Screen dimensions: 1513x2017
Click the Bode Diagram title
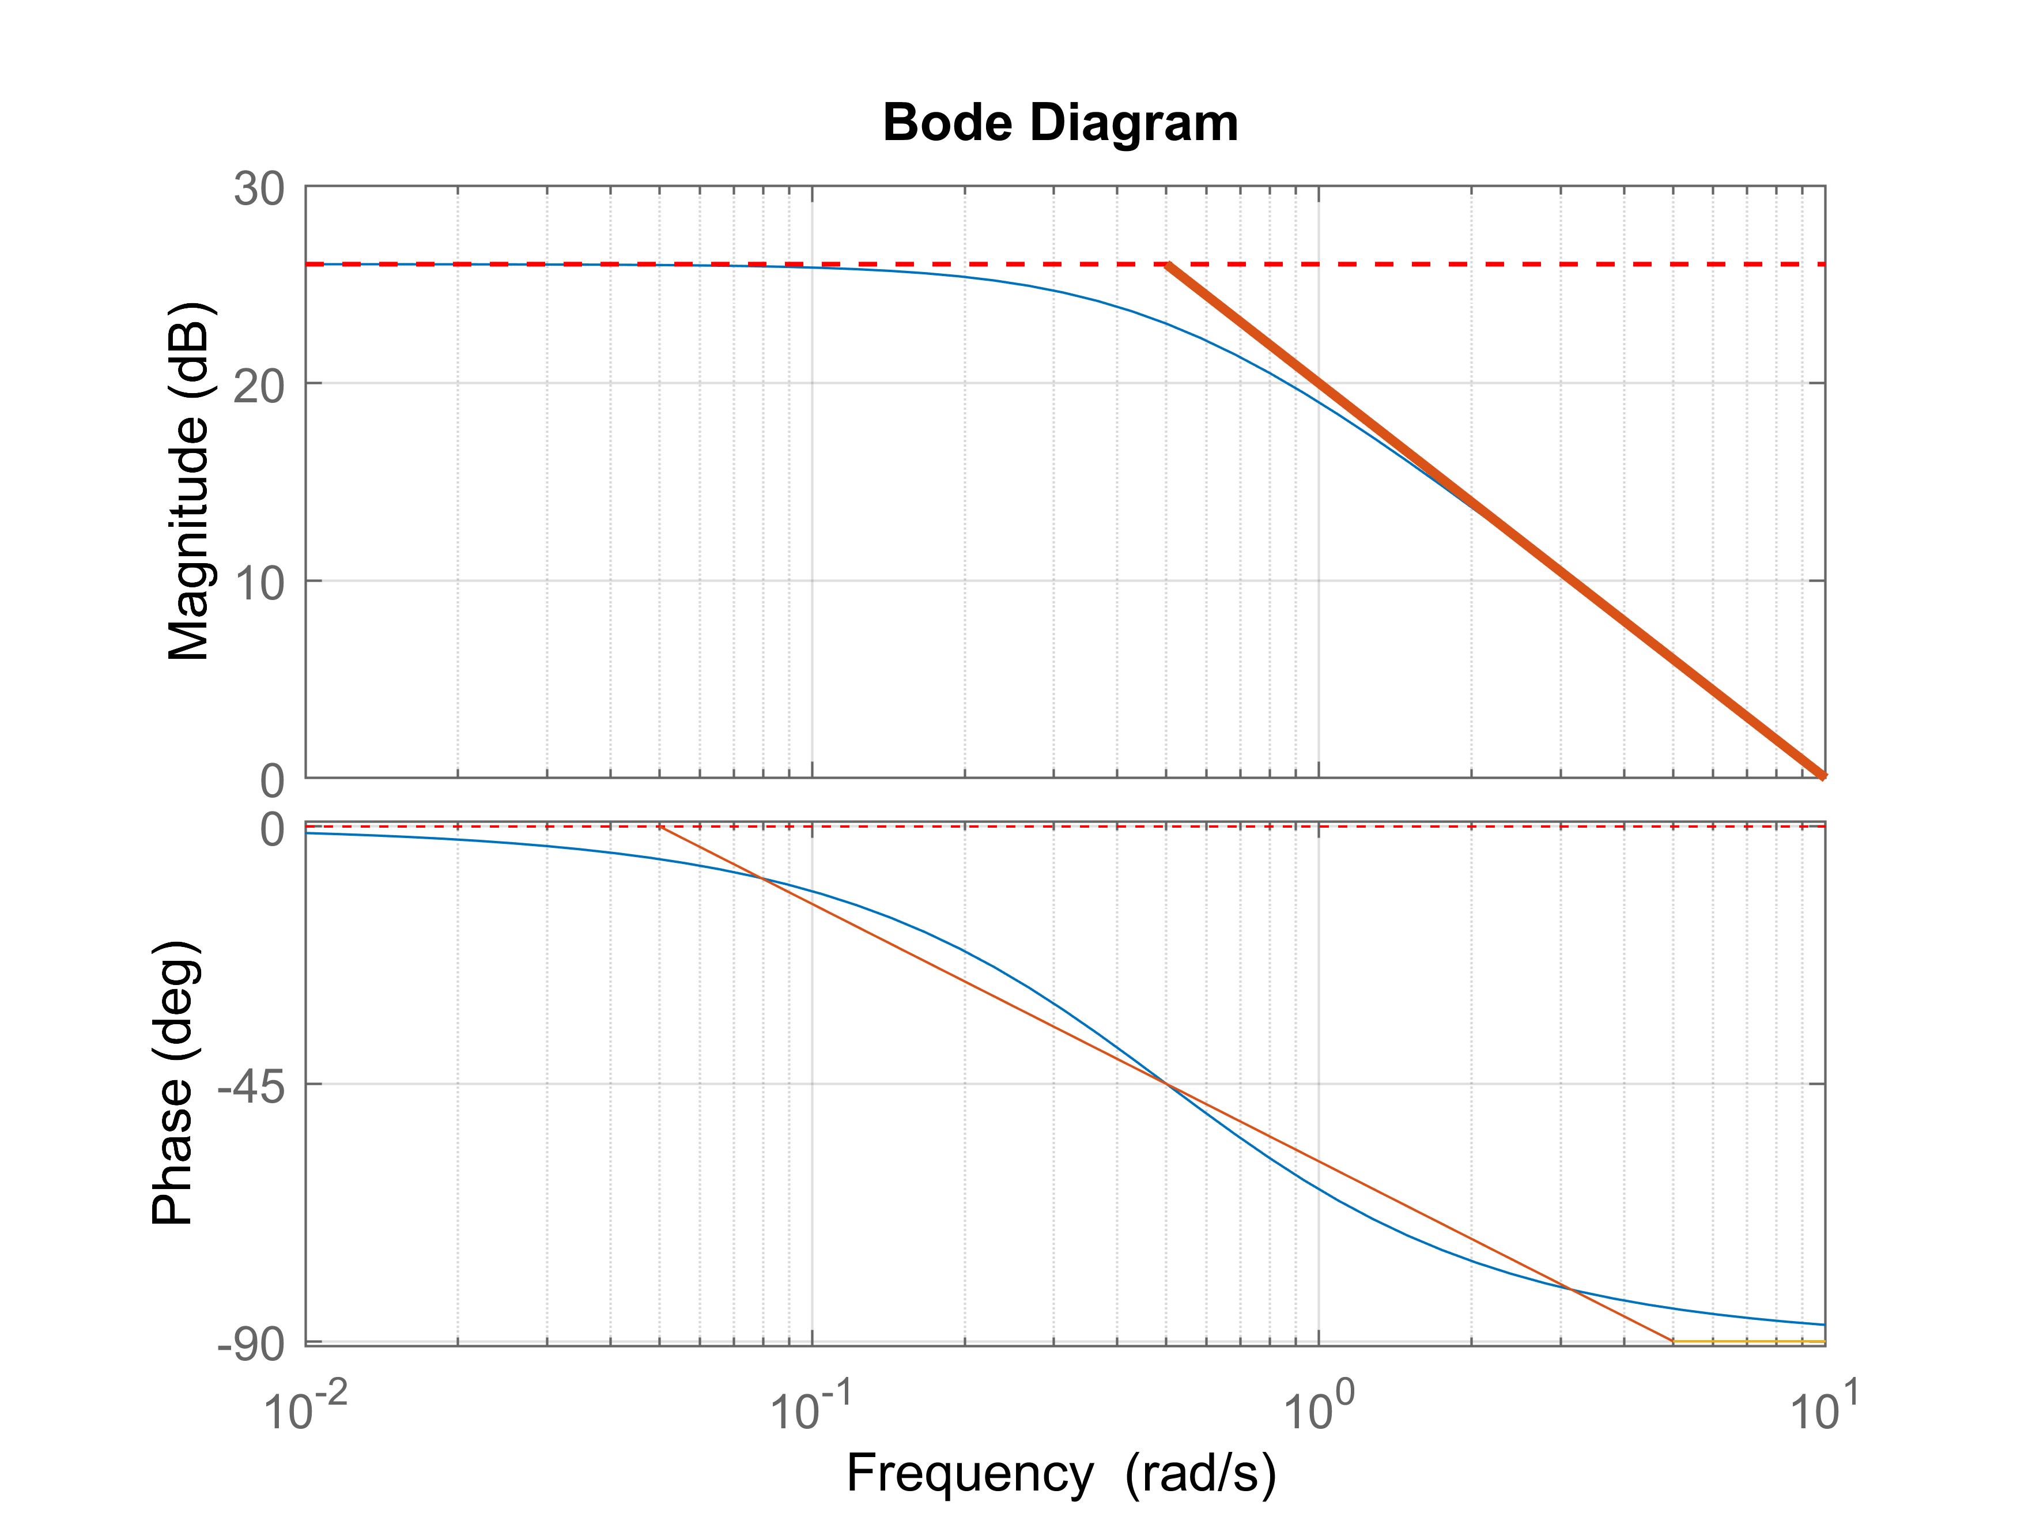pos(1060,123)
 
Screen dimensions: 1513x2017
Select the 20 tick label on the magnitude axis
pos(259,384)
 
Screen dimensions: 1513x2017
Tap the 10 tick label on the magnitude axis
pos(259,581)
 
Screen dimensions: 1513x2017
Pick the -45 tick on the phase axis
pos(251,1085)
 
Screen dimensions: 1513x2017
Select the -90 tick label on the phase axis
pos(251,1344)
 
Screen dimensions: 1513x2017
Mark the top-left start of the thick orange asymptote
pos(1168,265)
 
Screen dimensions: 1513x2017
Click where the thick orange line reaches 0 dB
pos(1823,776)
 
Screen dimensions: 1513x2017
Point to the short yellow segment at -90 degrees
pos(1748,1342)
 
